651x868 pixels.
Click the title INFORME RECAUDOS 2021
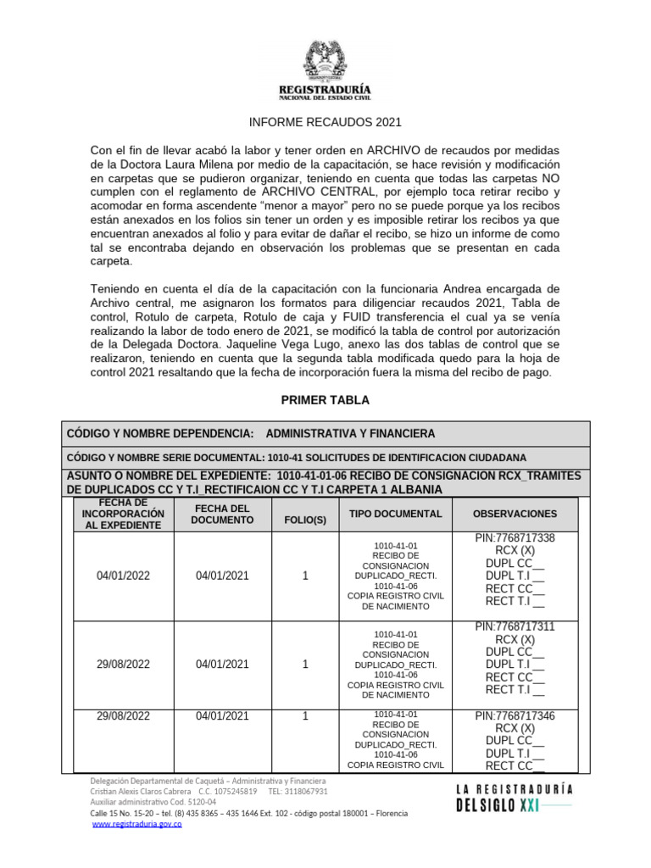[x=325, y=122]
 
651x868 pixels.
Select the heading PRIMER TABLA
[x=325, y=400]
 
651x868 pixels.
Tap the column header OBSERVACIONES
[x=515, y=514]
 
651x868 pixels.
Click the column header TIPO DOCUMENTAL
[x=395, y=514]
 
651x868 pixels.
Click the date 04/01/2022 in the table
[x=123, y=576]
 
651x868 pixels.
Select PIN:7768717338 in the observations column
[x=515, y=538]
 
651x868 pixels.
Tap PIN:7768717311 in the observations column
[x=515, y=627]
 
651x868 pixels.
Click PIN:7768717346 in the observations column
[x=515, y=716]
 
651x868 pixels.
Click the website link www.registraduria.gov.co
[x=136, y=824]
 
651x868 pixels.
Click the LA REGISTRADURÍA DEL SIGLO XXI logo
[x=515, y=797]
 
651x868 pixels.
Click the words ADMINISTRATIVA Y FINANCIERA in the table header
[x=350, y=433]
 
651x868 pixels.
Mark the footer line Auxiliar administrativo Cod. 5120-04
[x=153, y=802]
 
